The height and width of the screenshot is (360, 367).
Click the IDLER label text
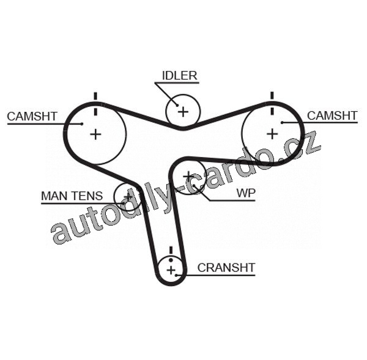click(x=179, y=76)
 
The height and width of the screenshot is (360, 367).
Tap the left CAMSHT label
click(x=32, y=116)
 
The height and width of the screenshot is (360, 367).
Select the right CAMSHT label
click(x=332, y=115)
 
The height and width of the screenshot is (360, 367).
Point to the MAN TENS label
click(x=72, y=196)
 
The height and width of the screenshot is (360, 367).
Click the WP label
click(x=246, y=193)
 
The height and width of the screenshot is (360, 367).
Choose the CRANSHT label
click(x=226, y=268)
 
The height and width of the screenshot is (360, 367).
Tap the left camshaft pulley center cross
click(x=95, y=134)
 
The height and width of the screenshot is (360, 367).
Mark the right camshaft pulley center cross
click(x=272, y=133)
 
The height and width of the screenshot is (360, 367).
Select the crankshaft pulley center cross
click(x=171, y=269)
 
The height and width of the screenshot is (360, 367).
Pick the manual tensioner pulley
click(x=128, y=196)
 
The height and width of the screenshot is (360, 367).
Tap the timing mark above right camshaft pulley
click(x=272, y=96)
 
